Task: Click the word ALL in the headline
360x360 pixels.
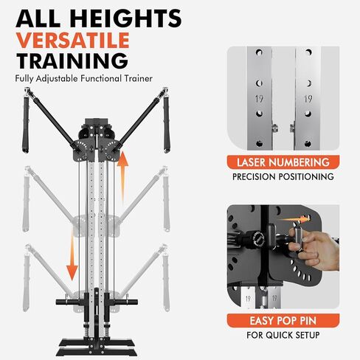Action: pyautogui.click(x=39, y=18)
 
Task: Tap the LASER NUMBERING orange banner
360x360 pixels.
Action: pyautogui.click(x=283, y=162)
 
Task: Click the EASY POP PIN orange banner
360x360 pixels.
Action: pyautogui.click(x=283, y=322)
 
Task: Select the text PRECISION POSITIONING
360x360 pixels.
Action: pyautogui.click(x=283, y=177)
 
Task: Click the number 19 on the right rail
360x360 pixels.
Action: pyautogui.click(x=308, y=96)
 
